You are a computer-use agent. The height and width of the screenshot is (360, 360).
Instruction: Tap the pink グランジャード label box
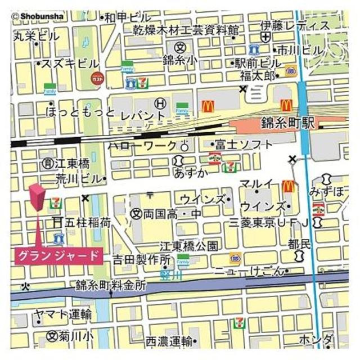(58, 255)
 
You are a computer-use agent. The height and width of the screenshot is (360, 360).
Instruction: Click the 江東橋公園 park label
(188, 245)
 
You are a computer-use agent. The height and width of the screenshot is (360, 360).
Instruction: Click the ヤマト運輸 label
(62, 314)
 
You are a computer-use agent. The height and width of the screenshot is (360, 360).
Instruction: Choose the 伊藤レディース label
(295, 25)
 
